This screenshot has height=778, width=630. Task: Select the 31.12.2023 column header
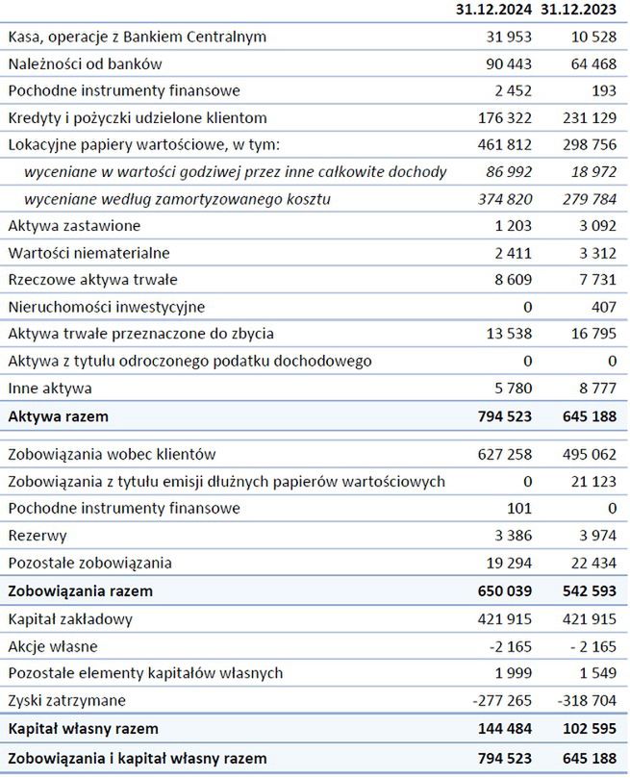(579, 10)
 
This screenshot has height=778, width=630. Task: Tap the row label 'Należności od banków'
(85, 63)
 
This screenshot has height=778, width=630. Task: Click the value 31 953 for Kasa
(504, 37)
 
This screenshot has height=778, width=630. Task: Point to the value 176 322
(499, 117)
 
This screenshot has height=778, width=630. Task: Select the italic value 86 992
(504, 172)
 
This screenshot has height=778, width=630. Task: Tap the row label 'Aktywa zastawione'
(74, 226)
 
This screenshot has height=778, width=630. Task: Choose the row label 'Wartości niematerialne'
(89, 253)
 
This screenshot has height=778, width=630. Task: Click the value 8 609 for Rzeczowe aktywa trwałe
(509, 280)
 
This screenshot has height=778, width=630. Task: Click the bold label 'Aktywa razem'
(58, 416)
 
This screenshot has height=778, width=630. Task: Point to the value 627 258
(499, 454)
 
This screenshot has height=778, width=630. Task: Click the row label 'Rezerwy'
(38, 536)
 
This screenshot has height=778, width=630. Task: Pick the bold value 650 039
(499, 590)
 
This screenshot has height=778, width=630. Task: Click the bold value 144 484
(499, 728)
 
